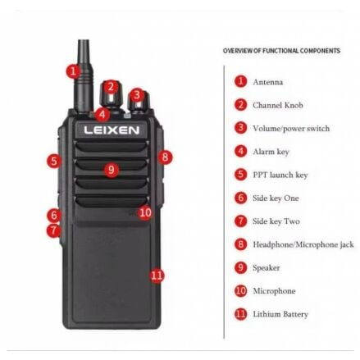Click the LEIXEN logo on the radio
tap(112, 130)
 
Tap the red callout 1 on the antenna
tap(73, 71)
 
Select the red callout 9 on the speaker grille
tap(112, 170)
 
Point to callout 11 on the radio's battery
tap(157, 276)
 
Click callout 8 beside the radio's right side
tap(166, 157)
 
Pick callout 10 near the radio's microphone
tap(145, 212)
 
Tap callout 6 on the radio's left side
tap(54, 216)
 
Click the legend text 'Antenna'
tap(268, 82)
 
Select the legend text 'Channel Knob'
tap(278, 105)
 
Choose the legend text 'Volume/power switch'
tap(291, 129)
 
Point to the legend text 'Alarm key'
tap(271, 152)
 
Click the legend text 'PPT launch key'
tap(280, 175)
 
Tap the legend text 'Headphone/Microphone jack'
tap(303, 244)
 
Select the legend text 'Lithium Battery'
tap(280, 314)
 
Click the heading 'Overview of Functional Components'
tap(281, 51)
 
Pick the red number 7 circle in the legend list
tap(240, 221)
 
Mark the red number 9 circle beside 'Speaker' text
tap(240, 267)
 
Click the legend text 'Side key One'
tap(276, 198)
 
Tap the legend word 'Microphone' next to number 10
tap(274, 291)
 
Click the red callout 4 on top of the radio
tap(102, 114)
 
